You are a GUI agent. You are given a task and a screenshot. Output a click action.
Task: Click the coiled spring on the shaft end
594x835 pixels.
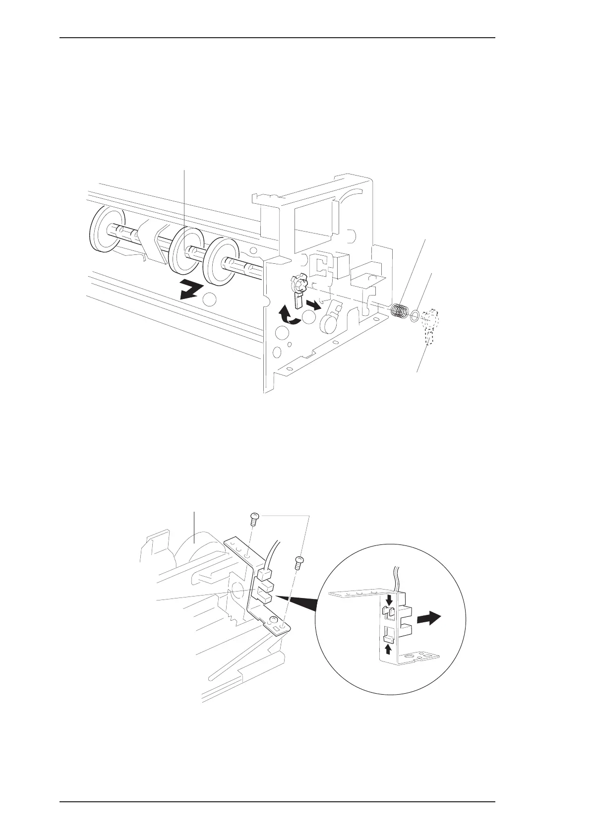coord(398,310)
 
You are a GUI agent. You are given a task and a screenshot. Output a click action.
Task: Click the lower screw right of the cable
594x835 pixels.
coord(298,562)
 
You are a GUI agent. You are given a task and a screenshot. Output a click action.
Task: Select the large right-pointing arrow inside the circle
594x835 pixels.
coord(429,619)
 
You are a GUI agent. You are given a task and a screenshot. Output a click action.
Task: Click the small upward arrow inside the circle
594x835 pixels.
coord(389,648)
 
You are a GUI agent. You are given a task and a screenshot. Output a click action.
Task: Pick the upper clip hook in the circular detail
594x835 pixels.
coord(390,613)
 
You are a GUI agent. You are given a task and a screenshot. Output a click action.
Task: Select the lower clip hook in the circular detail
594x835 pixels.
coord(389,634)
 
